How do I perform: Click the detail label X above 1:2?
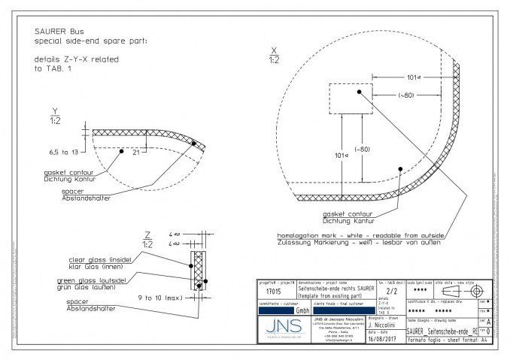(274, 50)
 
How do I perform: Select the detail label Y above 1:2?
(55, 110)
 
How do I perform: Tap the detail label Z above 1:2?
(147, 234)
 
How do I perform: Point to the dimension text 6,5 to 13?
(63, 152)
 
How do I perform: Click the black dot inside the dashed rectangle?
(360, 92)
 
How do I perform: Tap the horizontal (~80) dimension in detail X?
(406, 95)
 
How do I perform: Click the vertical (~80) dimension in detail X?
(364, 150)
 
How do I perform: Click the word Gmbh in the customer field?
(302, 310)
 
